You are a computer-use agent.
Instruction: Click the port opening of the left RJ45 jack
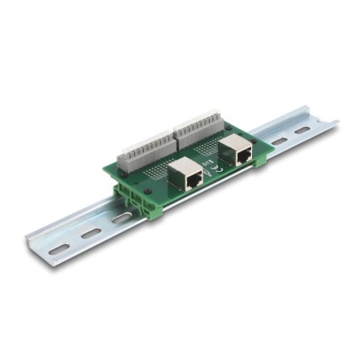coord(192,179)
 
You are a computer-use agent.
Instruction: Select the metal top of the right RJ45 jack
coord(238,143)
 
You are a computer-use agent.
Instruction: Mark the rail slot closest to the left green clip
coord(120,218)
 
